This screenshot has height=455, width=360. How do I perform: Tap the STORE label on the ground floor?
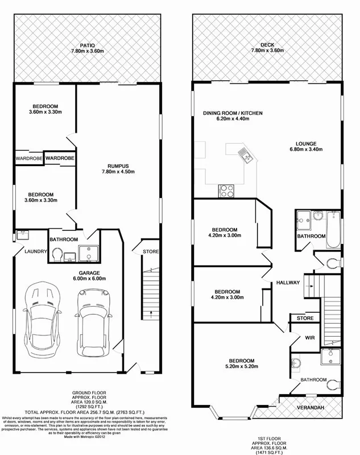(151, 252)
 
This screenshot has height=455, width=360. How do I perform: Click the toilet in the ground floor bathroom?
(56, 258)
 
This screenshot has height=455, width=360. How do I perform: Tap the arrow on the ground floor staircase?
(150, 312)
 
